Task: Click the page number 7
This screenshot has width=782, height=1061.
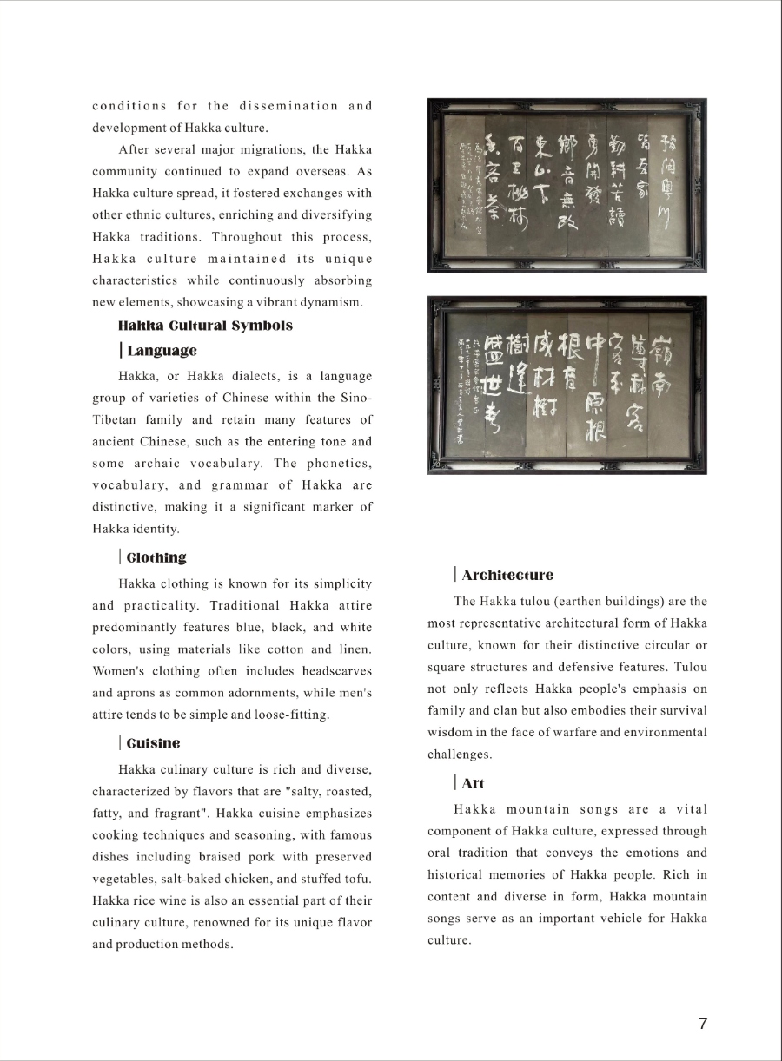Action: pos(703,1024)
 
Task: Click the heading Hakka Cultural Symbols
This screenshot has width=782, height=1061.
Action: pos(205,326)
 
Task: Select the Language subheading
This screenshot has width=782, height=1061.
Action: pos(162,351)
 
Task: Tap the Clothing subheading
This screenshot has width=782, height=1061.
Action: pos(156,557)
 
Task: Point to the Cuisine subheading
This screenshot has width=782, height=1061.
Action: pos(154,743)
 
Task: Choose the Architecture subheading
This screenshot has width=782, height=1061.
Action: pos(507,575)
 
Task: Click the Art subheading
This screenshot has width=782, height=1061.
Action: pos(473,783)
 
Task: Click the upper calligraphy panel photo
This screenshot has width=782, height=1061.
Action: pos(567,184)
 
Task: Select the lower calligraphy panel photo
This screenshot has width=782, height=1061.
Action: pos(567,385)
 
